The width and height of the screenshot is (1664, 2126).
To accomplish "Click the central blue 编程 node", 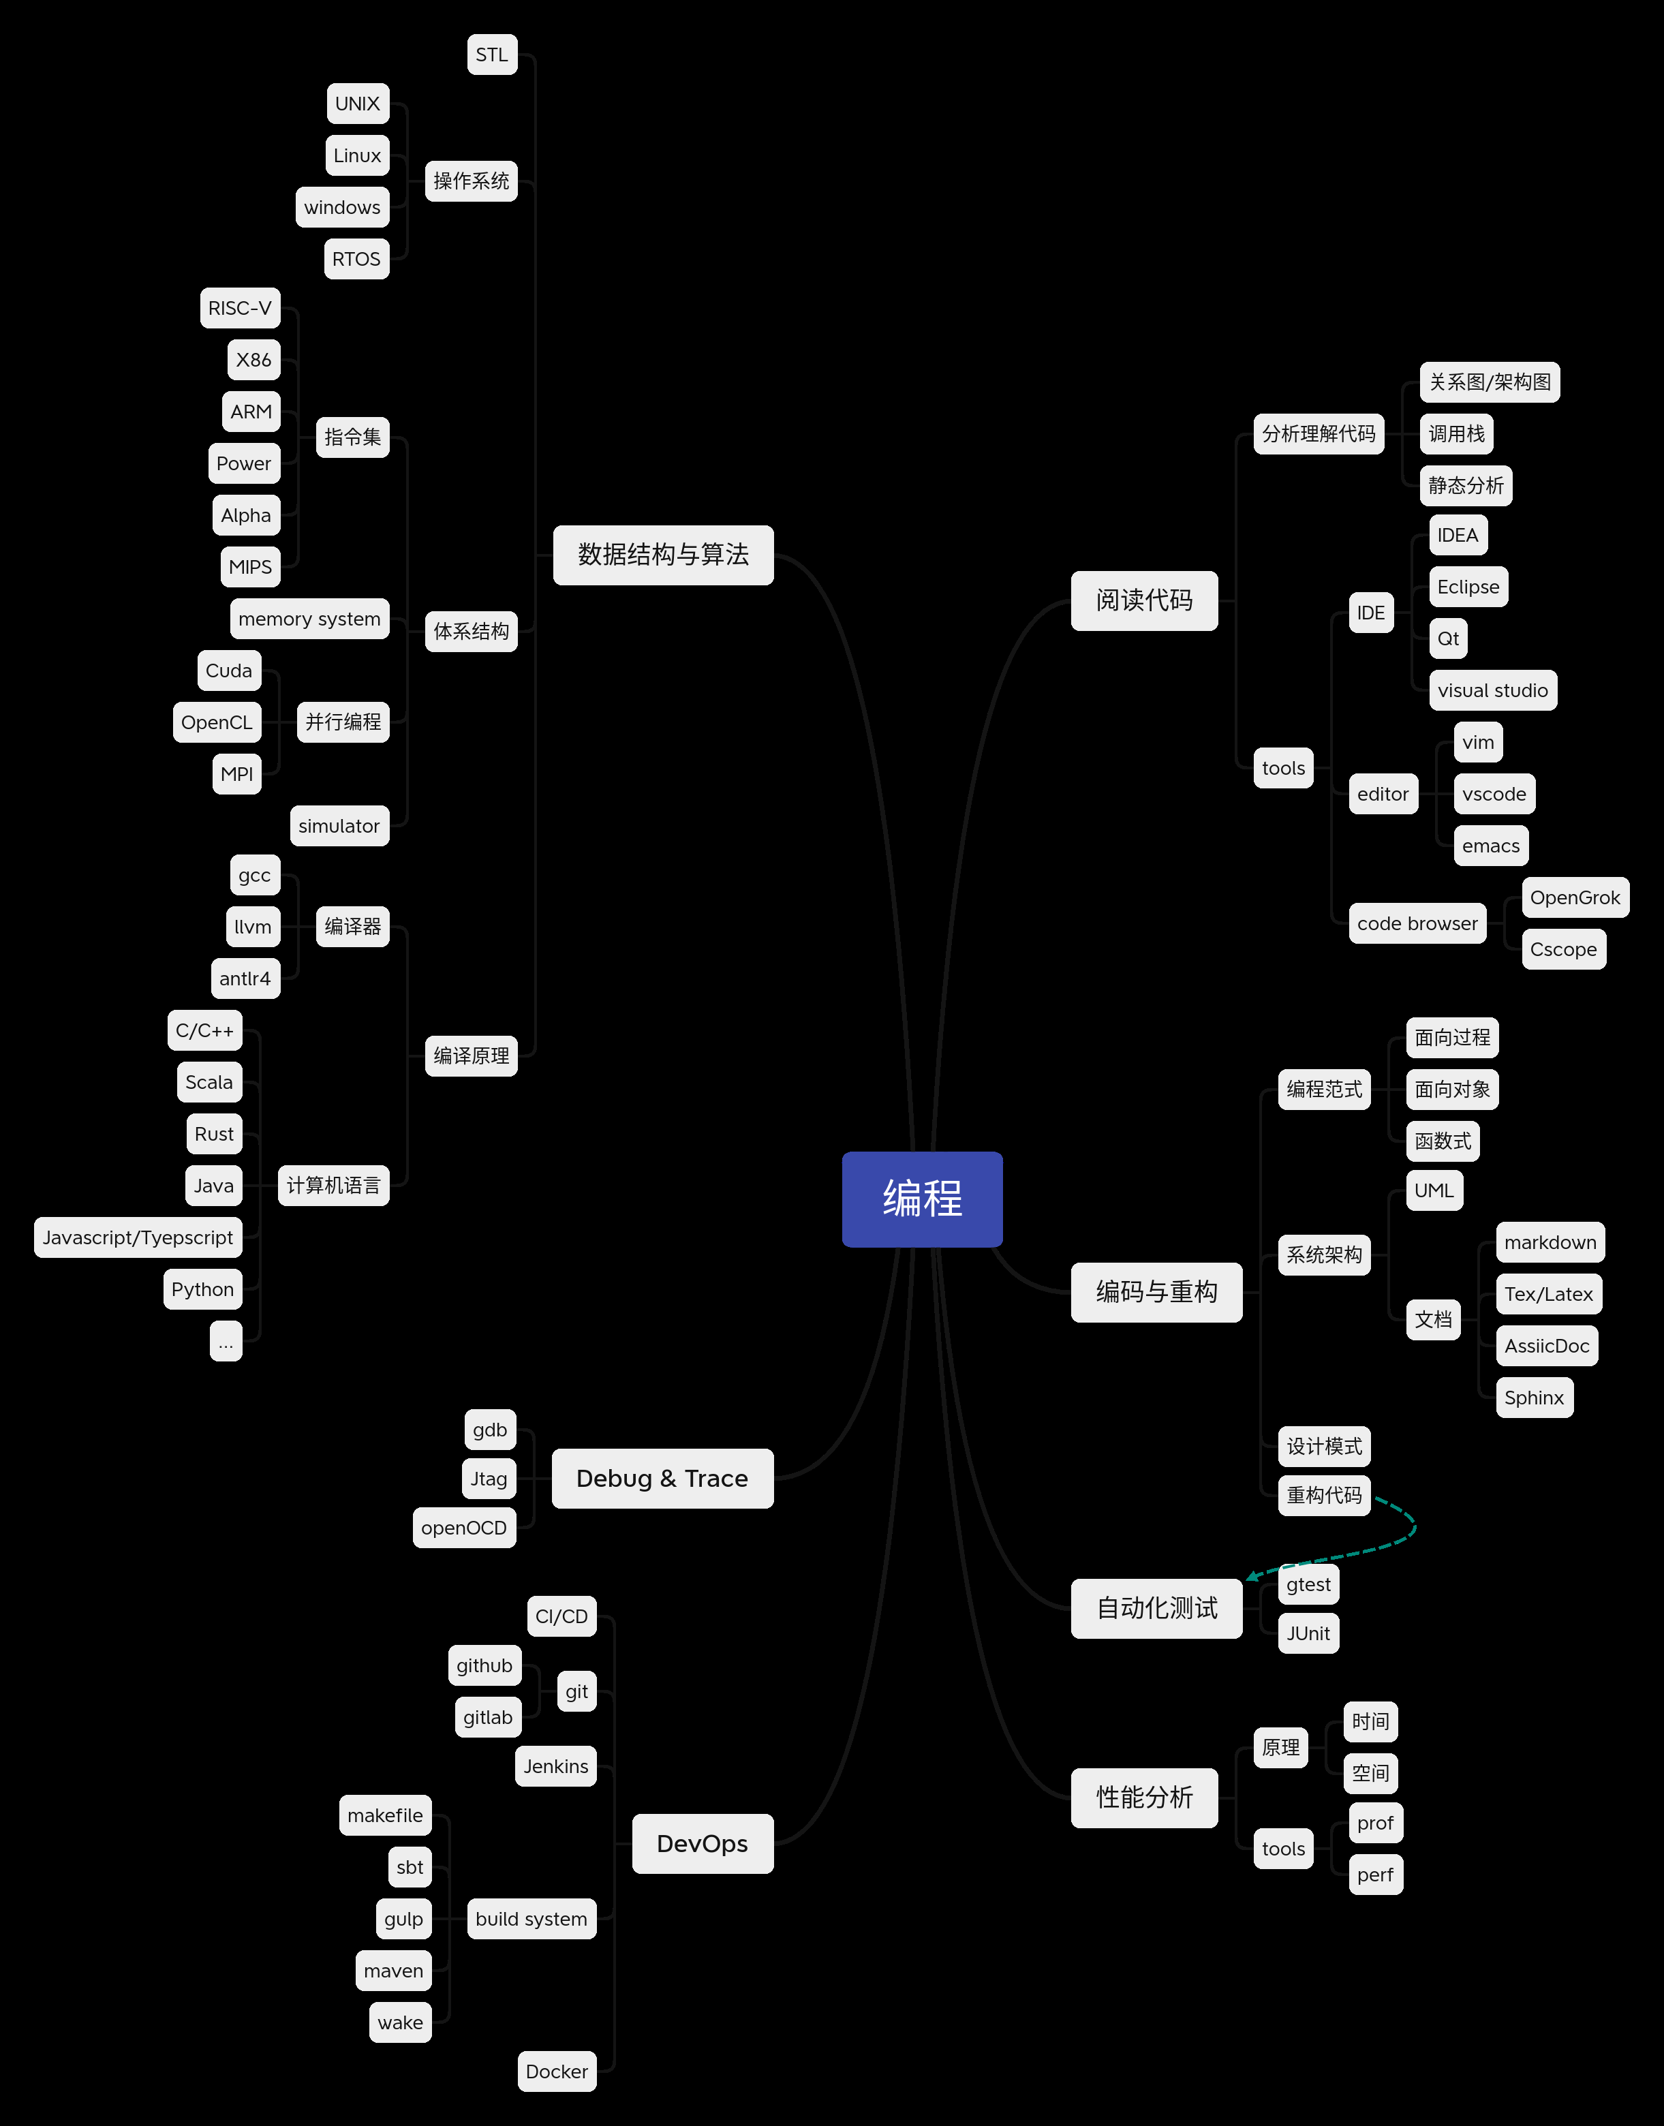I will [x=922, y=1199].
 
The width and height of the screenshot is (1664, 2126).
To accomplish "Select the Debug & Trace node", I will [x=662, y=1478].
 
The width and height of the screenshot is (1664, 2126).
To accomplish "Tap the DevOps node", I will [x=703, y=1843].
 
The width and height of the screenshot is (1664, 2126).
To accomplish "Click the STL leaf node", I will [x=492, y=55].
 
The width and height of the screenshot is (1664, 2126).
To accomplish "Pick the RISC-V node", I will [x=240, y=308].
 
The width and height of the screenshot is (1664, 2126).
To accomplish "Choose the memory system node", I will [x=309, y=619].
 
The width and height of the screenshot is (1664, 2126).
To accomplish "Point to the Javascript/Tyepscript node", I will [x=138, y=1237].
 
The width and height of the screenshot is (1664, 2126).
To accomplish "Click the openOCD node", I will [x=464, y=1528].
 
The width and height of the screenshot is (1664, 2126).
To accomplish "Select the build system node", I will [x=531, y=1918].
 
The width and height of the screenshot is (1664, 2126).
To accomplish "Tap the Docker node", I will [x=556, y=2071].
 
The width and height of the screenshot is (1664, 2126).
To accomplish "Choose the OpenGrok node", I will [x=1574, y=897].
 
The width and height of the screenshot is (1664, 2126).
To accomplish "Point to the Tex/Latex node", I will [x=1548, y=1294].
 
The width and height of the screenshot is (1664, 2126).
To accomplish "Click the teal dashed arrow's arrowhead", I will [x=1252, y=1575].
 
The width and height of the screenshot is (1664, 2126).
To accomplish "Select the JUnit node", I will [x=1308, y=1633].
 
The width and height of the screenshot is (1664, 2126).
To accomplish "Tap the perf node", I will [x=1374, y=1875].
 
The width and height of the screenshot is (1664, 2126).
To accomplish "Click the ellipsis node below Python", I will [x=225, y=1342].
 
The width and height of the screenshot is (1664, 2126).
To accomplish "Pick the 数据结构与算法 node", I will [x=662, y=555].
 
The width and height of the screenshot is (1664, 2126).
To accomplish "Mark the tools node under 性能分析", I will [x=1283, y=1848].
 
